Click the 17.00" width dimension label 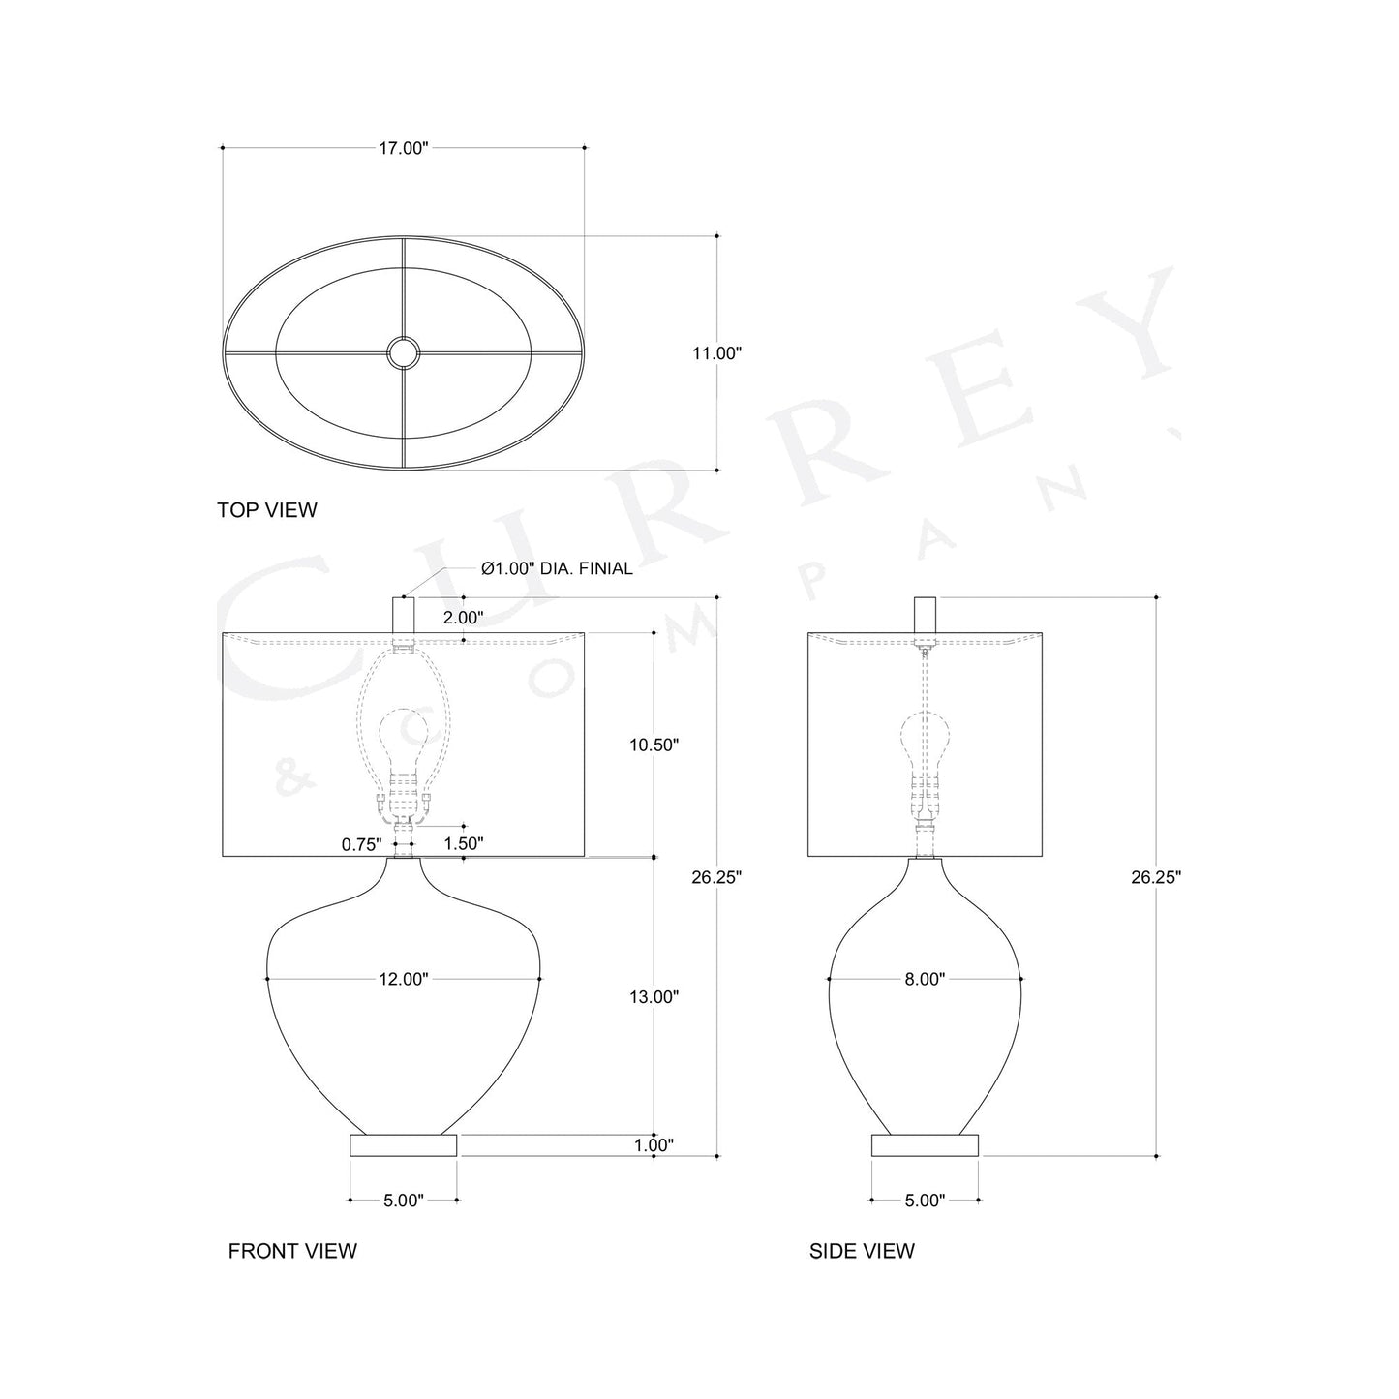click(x=403, y=148)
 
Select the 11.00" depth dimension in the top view click(x=716, y=353)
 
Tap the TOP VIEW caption click(x=267, y=510)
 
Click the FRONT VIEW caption click(x=292, y=1251)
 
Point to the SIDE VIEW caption click(x=862, y=1251)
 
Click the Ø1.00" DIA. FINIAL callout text click(x=557, y=568)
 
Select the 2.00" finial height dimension click(x=464, y=617)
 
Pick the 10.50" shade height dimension click(x=654, y=745)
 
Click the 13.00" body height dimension click(x=654, y=996)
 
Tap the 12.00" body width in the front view click(x=403, y=979)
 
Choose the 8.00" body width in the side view click(x=925, y=979)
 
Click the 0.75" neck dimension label click(x=362, y=844)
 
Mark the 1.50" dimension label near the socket click(x=464, y=844)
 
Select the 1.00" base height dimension click(x=654, y=1145)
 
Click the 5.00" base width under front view click(x=403, y=1201)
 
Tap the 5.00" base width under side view click(x=925, y=1201)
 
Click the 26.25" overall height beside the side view click(x=1156, y=877)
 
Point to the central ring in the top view click(x=403, y=352)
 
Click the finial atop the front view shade click(x=403, y=615)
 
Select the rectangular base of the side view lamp click(x=925, y=1145)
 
